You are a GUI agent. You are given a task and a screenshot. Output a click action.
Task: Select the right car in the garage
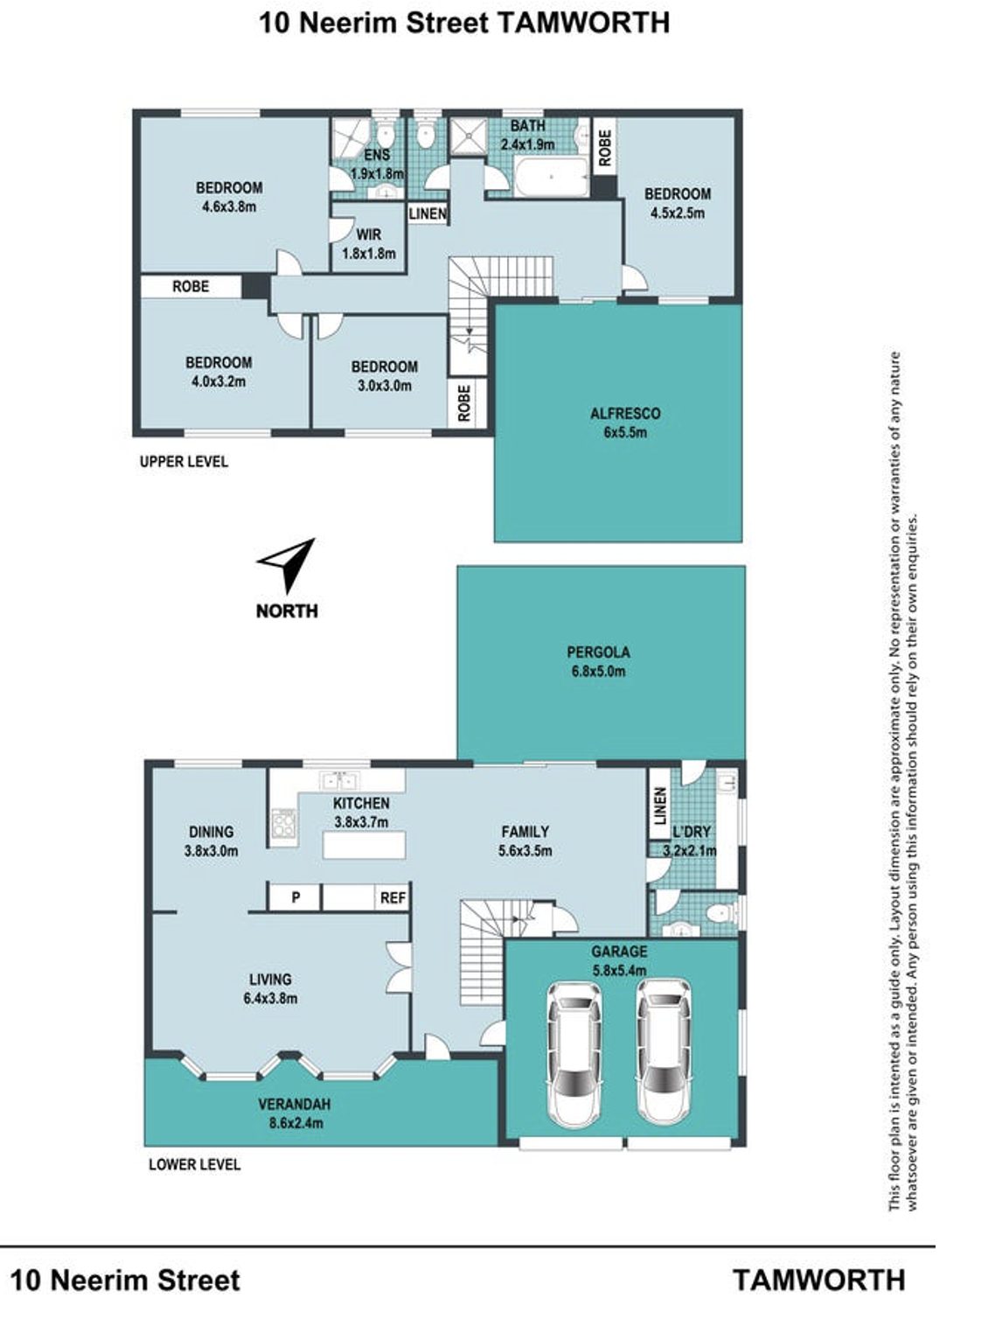tap(664, 1051)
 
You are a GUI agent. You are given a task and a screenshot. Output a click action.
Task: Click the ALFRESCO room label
tap(625, 414)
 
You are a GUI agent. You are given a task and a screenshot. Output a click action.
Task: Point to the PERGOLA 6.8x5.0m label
tap(598, 661)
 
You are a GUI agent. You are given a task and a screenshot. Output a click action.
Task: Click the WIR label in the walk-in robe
tap(368, 234)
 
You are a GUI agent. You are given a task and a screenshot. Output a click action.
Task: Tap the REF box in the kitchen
tap(393, 897)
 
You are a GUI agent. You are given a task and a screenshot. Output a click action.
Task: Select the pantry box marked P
tap(296, 897)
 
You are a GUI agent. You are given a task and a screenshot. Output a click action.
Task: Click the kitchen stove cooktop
tap(283, 823)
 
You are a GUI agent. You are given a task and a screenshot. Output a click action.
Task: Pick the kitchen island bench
tap(364, 844)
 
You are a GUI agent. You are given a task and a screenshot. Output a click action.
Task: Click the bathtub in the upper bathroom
tap(551, 178)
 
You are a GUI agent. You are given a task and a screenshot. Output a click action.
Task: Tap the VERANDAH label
tap(295, 1104)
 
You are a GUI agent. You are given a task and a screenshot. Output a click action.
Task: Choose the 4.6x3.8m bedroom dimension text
tap(229, 206)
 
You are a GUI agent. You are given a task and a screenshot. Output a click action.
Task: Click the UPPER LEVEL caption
tap(184, 462)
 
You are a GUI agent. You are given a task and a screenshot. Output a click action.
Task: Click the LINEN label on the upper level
tap(428, 213)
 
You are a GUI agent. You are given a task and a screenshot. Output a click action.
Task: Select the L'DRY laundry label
tap(691, 832)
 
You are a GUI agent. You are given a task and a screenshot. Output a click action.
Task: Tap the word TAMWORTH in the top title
tap(584, 24)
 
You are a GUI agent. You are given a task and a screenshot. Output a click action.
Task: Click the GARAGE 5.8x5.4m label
tap(619, 960)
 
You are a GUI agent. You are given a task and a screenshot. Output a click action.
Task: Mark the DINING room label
tap(211, 832)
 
